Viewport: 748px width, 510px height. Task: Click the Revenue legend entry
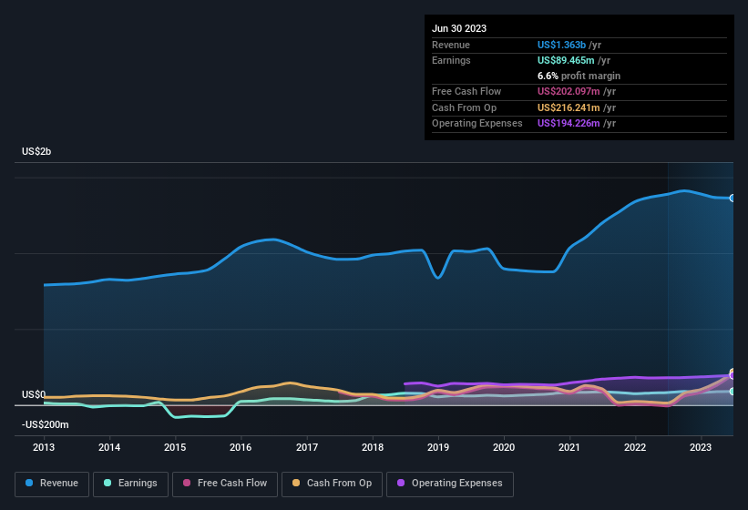(x=52, y=483)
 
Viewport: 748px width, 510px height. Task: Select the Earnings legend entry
(x=131, y=483)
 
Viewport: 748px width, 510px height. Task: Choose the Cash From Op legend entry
(x=332, y=483)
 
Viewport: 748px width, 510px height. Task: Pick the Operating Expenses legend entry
(x=449, y=483)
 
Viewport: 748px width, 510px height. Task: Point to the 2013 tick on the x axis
(x=44, y=447)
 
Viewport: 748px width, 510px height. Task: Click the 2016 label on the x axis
(x=241, y=447)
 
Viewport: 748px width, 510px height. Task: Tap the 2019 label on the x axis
(x=438, y=447)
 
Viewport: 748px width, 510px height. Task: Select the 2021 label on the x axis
(x=569, y=447)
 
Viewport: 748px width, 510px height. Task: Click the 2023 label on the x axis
(x=701, y=447)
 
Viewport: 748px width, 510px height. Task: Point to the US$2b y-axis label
(x=36, y=151)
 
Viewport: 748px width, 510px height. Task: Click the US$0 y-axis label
(x=34, y=394)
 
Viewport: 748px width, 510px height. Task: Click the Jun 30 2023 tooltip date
(x=459, y=28)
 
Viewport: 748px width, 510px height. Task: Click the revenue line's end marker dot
(x=732, y=198)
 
